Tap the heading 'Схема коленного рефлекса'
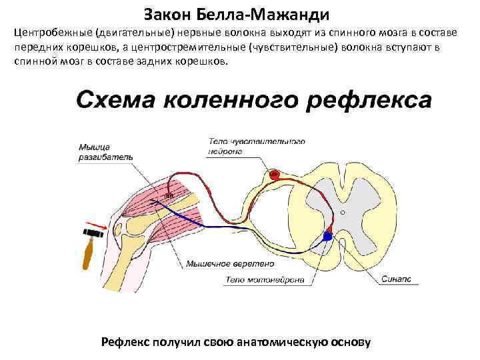[253, 99]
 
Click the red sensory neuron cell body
[273, 175]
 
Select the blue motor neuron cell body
[327, 236]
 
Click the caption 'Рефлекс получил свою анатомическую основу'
[235, 342]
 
